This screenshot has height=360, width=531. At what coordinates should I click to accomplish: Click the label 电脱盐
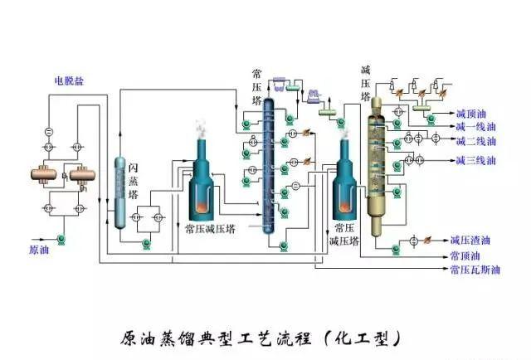(x=70, y=80)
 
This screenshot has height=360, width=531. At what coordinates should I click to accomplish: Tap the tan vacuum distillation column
(x=378, y=166)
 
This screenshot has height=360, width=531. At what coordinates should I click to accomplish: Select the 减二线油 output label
(x=475, y=141)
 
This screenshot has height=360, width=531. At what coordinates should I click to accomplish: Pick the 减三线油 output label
(x=475, y=159)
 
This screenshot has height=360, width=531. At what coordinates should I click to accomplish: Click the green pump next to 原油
(x=62, y=241)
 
